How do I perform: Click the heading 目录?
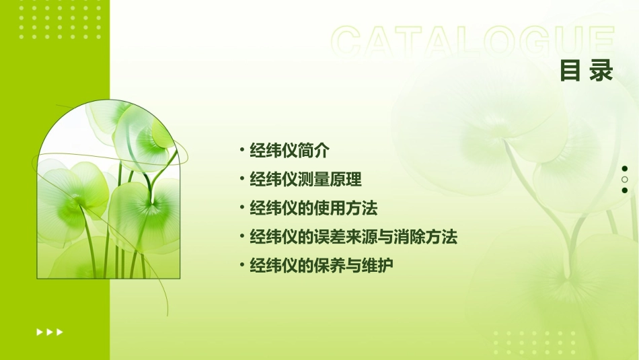587,71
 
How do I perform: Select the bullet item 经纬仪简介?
289,150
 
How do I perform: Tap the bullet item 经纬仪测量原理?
305,179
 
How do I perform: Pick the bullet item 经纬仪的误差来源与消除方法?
353,237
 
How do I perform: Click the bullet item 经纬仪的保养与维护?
321,266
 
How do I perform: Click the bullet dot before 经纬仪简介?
241,150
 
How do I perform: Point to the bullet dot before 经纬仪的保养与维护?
241,266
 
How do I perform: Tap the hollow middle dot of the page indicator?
625,180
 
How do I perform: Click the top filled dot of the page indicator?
625,169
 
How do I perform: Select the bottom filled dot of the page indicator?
625,190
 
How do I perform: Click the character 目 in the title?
570,71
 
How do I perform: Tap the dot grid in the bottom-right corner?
534,343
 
